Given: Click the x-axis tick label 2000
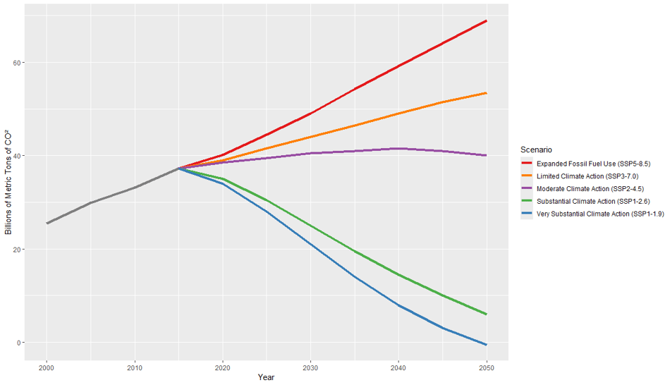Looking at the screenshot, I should pyautogui.click(x=47, y=367).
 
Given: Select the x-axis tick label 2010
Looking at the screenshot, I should pyautogui.click(x=135, y=367).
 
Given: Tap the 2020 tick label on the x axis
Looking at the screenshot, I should pyautogui.click(x=223, y=367).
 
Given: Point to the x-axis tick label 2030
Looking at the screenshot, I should pyautogui.click(x=310, y=367).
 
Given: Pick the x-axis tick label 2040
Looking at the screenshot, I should pyautogui.click(x=398, y=367).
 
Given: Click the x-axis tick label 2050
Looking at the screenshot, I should pyautogui.click(x=486, y=367).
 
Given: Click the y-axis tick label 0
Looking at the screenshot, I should pyautogui.click(x=18, y=343).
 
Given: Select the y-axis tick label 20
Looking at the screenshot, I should pyautogui.click(x=16, y=250).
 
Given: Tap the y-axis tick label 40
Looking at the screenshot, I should pyautogui.click(x=16, y=156).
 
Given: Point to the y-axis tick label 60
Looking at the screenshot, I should pyautogui.click(x=16, y=62).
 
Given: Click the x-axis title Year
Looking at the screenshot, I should pyautogui.click(x=266, y=378).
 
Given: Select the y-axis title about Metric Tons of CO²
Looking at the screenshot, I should pyautogui.click(x=8, y=183).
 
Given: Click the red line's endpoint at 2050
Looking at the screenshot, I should pyautogui.click(x=487, y=20).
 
